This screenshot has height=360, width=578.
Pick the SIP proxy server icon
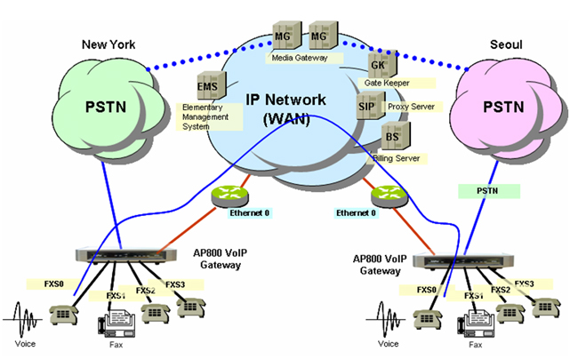pos(366,106)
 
